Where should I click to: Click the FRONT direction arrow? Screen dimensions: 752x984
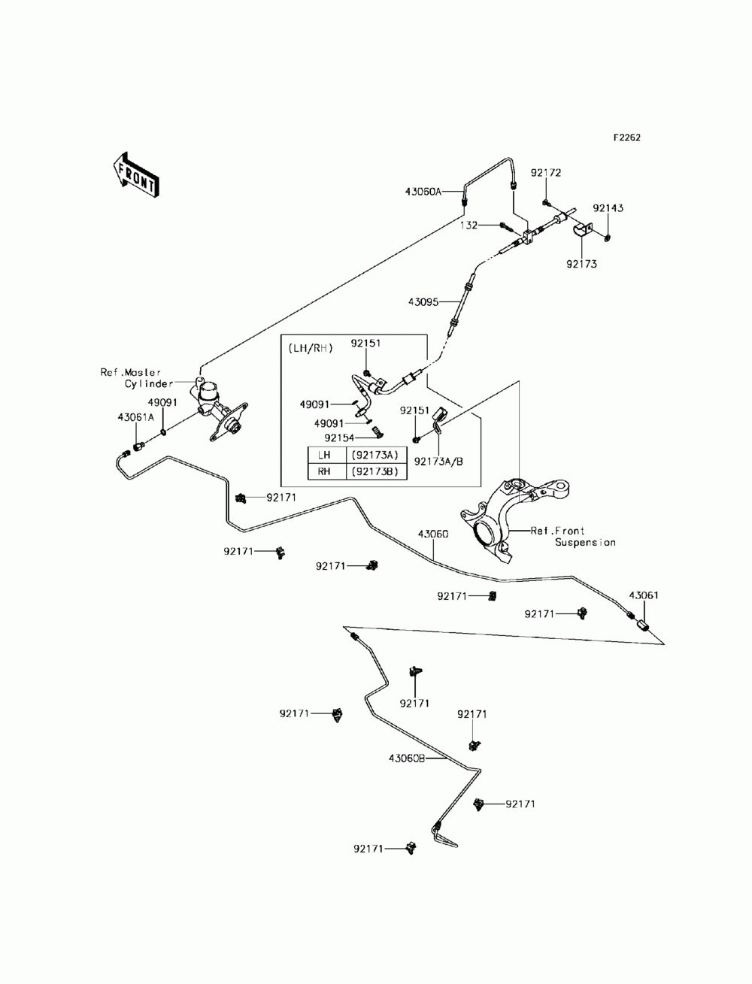(x=135, y=175)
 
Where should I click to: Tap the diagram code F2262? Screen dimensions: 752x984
(x=626, y=138)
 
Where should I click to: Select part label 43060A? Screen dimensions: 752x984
(x=423, y=192)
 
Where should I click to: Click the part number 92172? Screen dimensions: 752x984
(x=546, y=173)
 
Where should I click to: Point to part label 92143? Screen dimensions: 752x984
(x=608, y=208)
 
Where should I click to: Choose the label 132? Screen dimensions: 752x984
(x=468, y=225)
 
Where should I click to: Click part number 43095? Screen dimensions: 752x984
(x=423, y=302)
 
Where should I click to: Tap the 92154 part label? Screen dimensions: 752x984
(x=339, y=438)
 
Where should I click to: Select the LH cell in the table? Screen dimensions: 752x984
(x=324, y=455)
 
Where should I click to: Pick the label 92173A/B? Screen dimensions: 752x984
(x=438, y=462)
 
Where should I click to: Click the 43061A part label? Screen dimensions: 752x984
(x=136, y=417)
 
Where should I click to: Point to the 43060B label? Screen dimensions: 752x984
(x=406, y=758)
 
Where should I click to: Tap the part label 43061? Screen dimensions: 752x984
(x=644, y=595)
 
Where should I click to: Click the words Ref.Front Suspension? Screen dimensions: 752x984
(x=572, y=537)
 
